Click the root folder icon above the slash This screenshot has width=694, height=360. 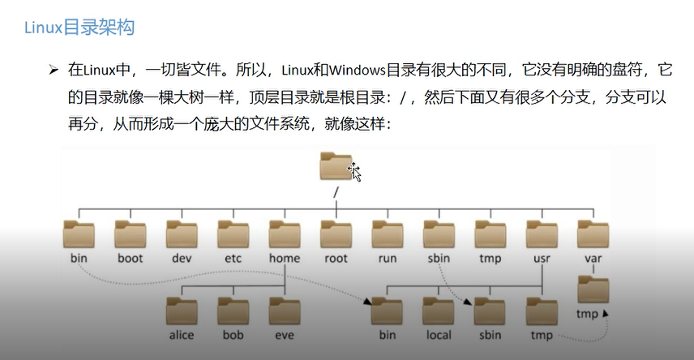pos(336,167)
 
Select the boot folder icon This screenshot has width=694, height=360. pos(130,234)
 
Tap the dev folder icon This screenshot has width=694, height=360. pos(182,234)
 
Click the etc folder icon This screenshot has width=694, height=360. pos(233,234)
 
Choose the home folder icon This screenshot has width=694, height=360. pos(285,234)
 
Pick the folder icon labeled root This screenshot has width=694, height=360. pos(336,234)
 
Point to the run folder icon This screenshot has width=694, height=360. pos(388,234)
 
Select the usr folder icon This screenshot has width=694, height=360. pos(542,234)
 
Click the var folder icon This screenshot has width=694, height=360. pos(593,234)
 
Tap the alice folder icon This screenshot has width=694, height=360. pos(182,311)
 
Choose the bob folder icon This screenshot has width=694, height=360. pos(233,311)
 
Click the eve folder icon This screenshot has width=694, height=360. pos(285,311)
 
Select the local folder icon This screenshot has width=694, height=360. pos(439,311)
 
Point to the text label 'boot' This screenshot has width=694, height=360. pos(130,259)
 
